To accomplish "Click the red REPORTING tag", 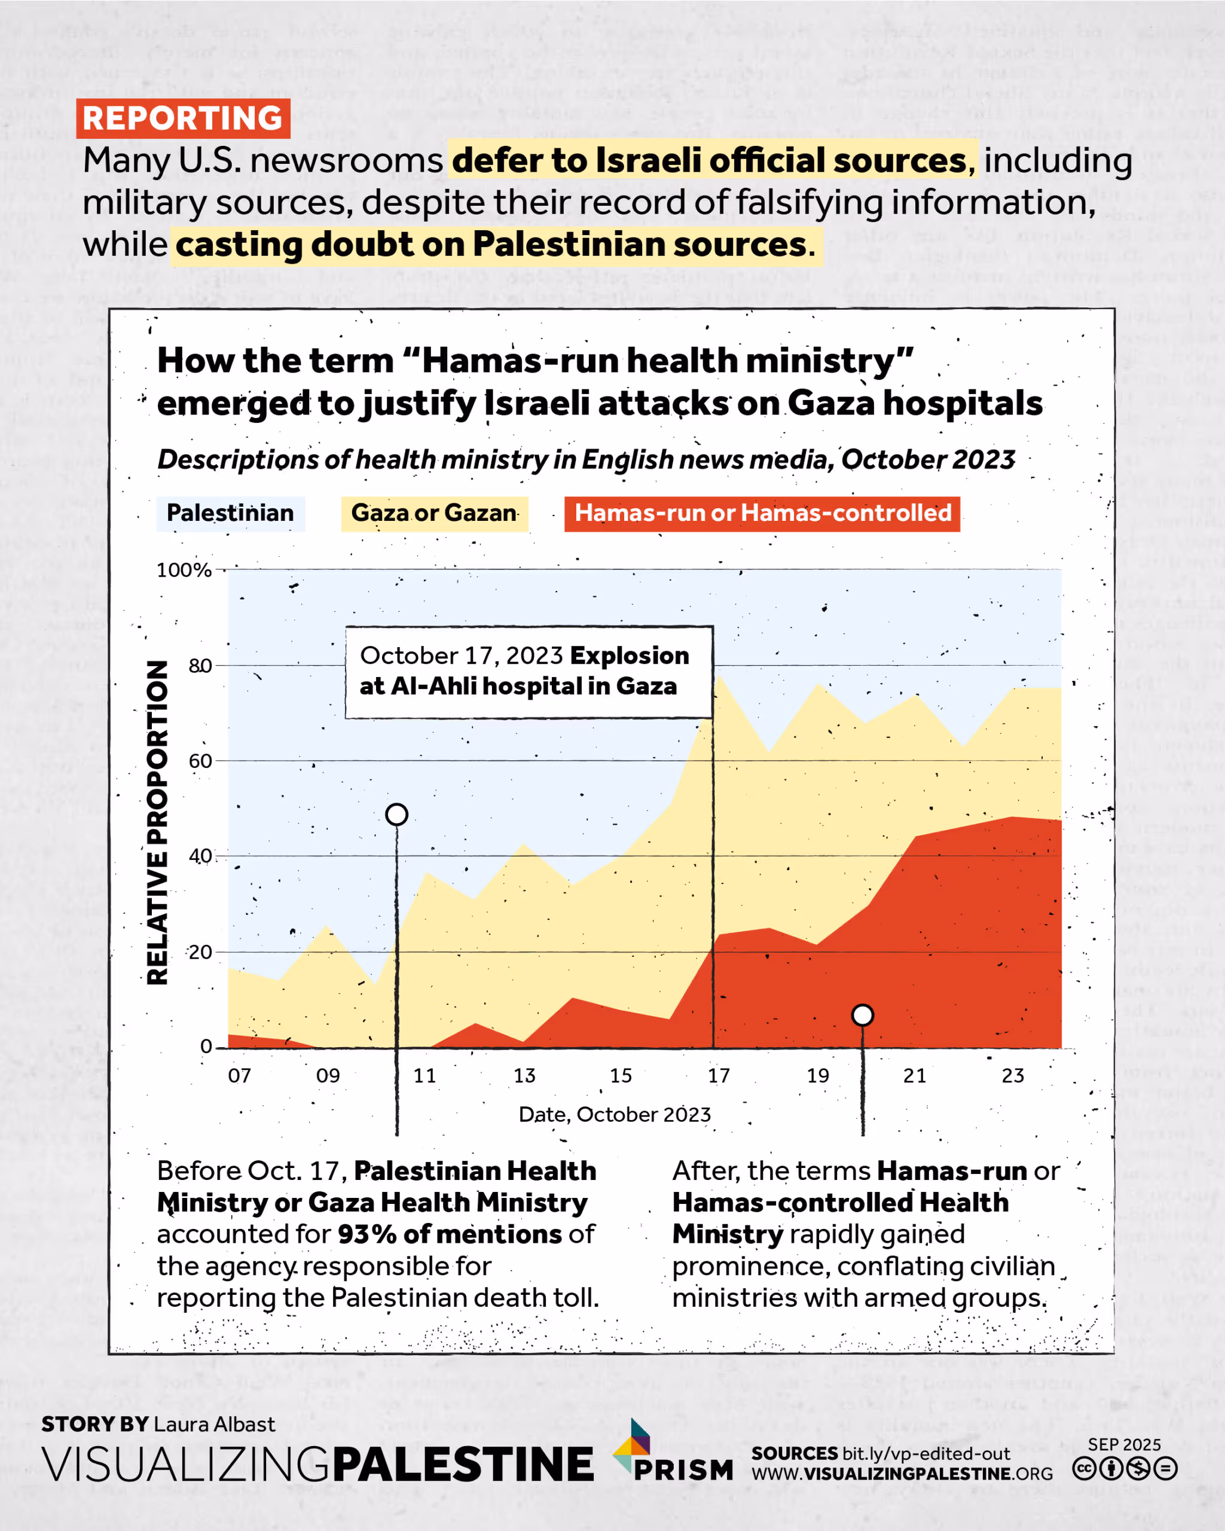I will pyautogui.click(x=183, y=118).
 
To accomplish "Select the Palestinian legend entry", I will pyautogui.click(x=230, y=513).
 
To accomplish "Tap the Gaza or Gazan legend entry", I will pyautogui.click(x=435, y=513).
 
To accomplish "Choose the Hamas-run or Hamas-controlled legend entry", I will pyautogui.click(x=762, y=513).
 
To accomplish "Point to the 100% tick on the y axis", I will pyautogui.click(x=184, y=570).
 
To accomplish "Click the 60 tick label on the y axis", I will pyautogui.click(x=200, y=761).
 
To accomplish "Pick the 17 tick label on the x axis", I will pyautogui.click(x=718, y=1076).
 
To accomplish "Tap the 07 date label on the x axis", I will pyautogui.click(x=239, y=1076).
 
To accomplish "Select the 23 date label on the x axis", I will pyautogui.click(x=1013, y=1076).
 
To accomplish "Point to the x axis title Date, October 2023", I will pyautogui.click(x=615, y=1115).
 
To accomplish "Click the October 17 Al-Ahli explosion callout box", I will pyautogui.click(x=529, y=672).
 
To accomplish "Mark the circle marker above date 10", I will pyautogui.click(x=397, y=815).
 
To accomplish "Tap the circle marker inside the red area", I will pyautogui.click(x=862, y=1015).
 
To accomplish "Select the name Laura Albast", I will pyautogui.click(x=215, y=1425).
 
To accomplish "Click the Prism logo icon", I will pyautogui.click(x=633, y=1446).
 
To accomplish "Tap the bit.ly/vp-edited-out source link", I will pyautogui.click(x=925, y=1454).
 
